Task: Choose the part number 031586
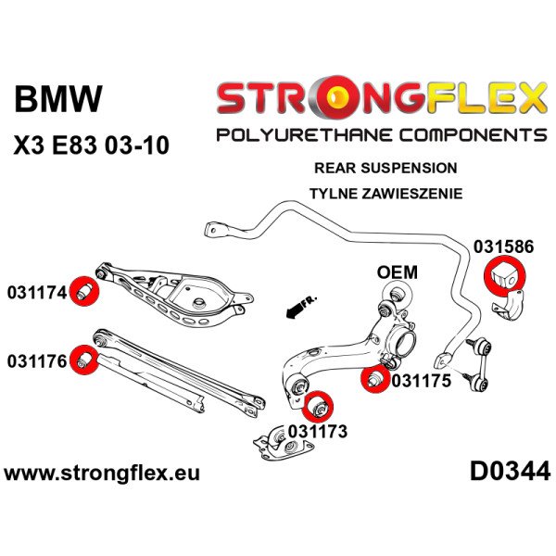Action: [x=506, y=247]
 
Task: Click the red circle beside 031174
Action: [x=85, y=290]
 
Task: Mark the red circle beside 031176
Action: [x=85, y=359]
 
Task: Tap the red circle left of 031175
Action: [x=373, y=379]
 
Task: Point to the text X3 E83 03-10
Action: [x=91, y=146]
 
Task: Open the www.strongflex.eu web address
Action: [x=102, y=473]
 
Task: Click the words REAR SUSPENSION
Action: [x=398, y=169]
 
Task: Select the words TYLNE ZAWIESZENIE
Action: [x=398, y=195]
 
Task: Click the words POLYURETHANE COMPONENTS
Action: [x=380, y=136]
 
